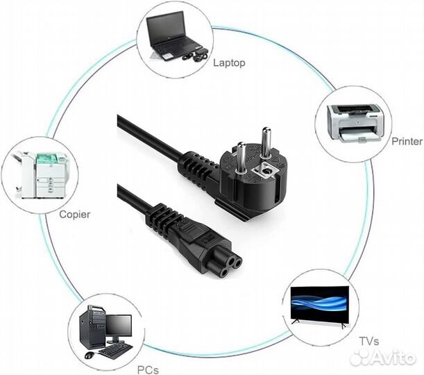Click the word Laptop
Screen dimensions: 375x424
click(229, 62)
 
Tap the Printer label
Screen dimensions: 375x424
click(407, 141)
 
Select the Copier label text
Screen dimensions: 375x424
click(75, 215)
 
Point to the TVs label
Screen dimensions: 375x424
click(369, 341)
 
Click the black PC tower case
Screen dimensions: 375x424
click(95, 328)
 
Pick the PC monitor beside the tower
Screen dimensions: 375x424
click(119, 326)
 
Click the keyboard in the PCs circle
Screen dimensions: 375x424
click(114, 351)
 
